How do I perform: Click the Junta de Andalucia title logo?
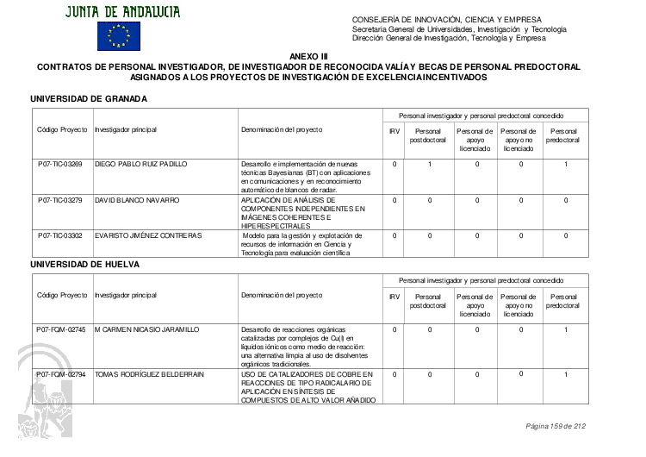pyautogui.click(x=121, y=10)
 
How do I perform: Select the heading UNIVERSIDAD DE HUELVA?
pyautogui.click(x=84, y=263)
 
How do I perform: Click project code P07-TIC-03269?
pyautogui.click(x=60, y=164)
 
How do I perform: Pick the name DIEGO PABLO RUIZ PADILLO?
pyautogui.click(x=140, y=164)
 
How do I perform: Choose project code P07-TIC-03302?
pyautogui.click(x=60, y=235)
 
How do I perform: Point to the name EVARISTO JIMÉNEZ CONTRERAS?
pyautogui.click(x=147, y=235)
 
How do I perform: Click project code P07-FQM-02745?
pyautogui.click(x=61, y=329)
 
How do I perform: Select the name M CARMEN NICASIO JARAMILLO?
pyautogui.click(x=146, y=329)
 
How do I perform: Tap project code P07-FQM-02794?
pyautogui.click(x=61, y=374)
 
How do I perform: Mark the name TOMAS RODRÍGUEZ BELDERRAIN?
pyautogui.click(x=149, y=374)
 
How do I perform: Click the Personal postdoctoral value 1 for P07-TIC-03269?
pyautogui.click(x=429, y=164)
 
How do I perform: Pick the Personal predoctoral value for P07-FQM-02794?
pyautogui.click(x=566, y=374)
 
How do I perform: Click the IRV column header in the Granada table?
pyautogui.click(x=394, y=130)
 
